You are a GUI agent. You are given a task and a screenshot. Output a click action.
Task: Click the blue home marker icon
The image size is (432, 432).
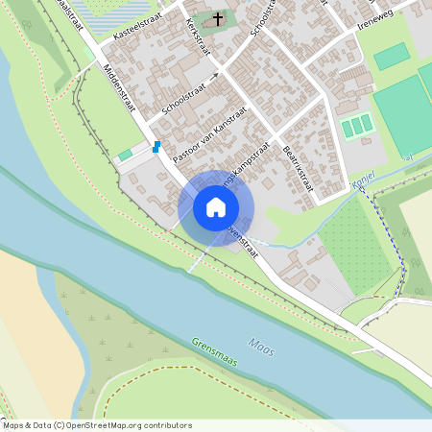tap(216, 206)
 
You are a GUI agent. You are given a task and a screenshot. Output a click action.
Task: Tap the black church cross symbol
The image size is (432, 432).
tap(218, 18)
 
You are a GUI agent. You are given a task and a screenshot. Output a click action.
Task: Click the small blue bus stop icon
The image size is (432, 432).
tap(156, 147)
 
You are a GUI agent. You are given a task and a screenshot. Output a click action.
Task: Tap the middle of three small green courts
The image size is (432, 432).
tap(357, 126)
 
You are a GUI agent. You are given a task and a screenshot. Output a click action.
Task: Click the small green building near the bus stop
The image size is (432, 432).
tap(126, 155)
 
